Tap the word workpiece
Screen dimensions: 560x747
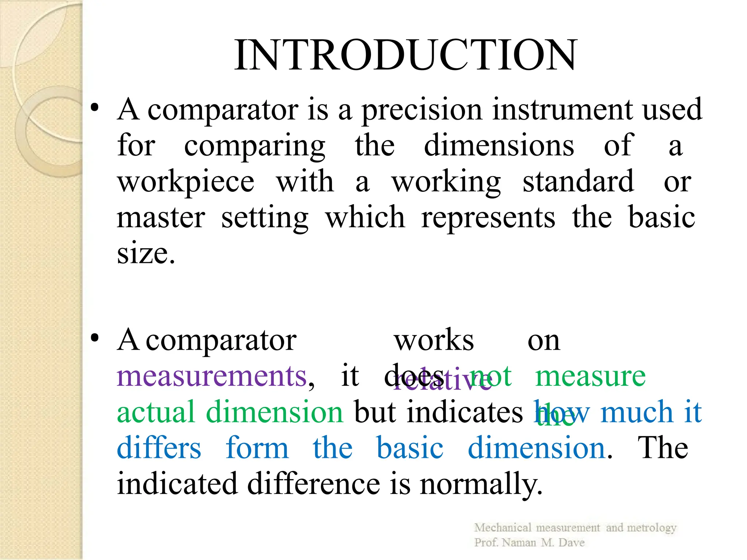[x=186, y=182]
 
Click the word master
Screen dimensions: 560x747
[x=161, y=217]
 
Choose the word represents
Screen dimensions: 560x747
[x=488, y=218]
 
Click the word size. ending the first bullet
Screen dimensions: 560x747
[x=146, y=253]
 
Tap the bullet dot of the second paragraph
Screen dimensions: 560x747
[x=95, y=338]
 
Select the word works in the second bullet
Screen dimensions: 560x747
[x=434, y=340]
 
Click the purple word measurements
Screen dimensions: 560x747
[x=212, y=376]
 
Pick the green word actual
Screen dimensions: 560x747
[x=156, y=412]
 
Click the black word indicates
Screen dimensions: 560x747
[x=465, y=412]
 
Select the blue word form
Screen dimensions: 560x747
[x=257, y=448]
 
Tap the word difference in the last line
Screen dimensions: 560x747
[x=314, y=484]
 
